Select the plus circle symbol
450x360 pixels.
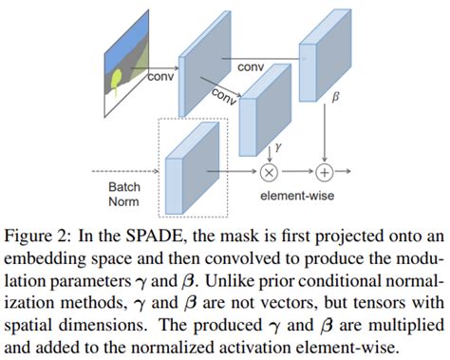click(x=326, y=172)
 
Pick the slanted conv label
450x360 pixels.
click(x=226, y=94)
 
